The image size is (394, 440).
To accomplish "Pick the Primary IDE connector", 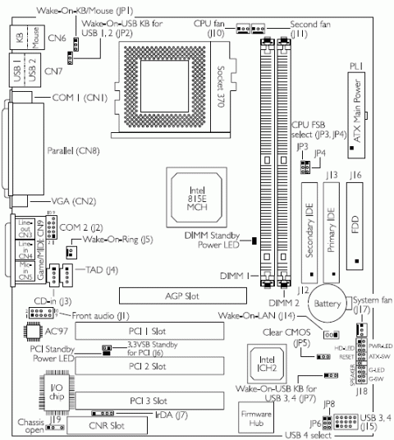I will click(x=332, y=231).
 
